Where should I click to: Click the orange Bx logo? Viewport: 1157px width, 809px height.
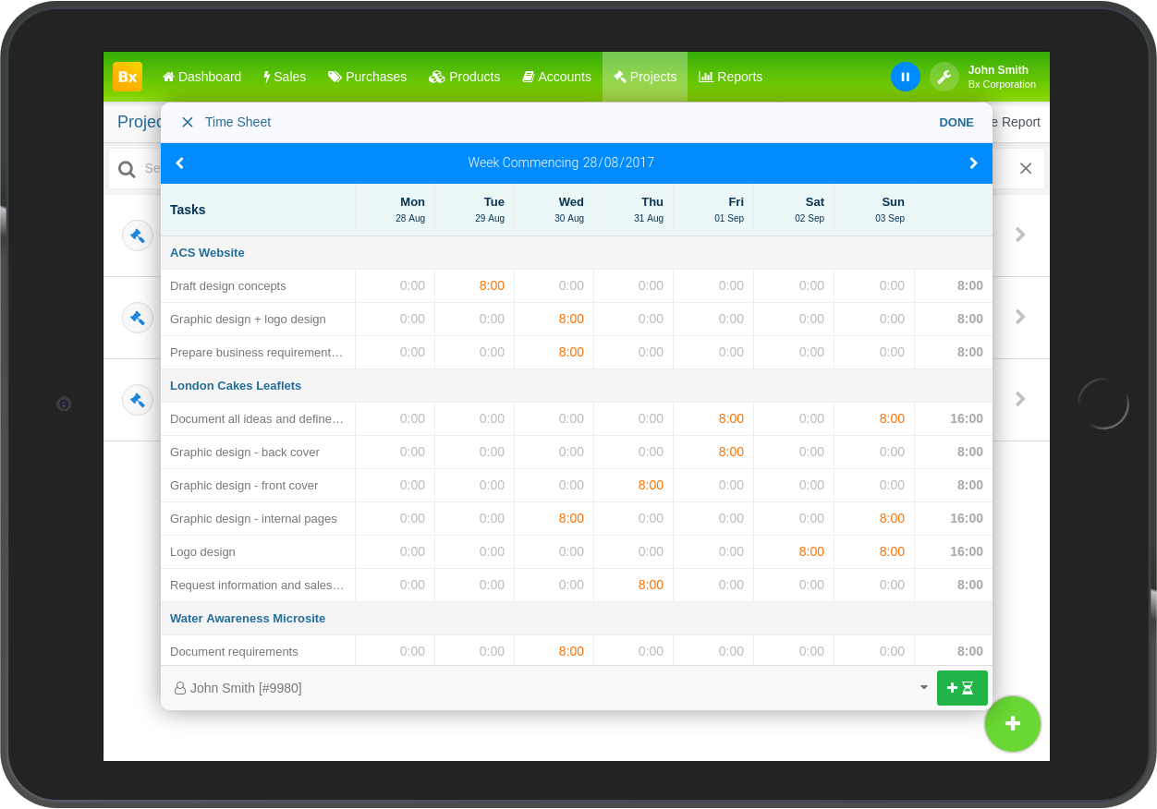127,77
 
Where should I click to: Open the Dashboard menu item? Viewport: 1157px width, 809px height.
201,77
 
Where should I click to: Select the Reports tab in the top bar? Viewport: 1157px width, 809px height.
730,77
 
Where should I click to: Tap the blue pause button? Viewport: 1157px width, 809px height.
905,77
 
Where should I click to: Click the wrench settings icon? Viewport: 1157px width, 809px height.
944,77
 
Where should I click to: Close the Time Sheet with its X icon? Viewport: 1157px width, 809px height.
187,122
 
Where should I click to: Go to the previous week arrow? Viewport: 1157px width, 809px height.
180,163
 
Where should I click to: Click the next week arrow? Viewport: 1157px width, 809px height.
973,163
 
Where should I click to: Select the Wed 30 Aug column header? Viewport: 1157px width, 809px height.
569,209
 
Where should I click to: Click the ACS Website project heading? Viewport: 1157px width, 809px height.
207,252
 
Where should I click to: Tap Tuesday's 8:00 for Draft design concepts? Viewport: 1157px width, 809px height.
492,285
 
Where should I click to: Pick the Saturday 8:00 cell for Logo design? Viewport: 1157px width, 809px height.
811,551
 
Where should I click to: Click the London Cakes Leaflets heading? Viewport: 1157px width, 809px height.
236,386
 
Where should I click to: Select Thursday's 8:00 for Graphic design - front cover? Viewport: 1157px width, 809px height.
651,485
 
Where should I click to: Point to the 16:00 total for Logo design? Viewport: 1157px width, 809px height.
966,551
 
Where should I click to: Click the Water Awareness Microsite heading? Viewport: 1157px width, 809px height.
248,618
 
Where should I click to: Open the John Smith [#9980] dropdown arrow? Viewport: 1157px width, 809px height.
923,687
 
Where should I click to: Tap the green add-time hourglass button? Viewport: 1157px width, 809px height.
962,688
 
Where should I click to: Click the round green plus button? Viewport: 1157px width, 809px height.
1013,723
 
